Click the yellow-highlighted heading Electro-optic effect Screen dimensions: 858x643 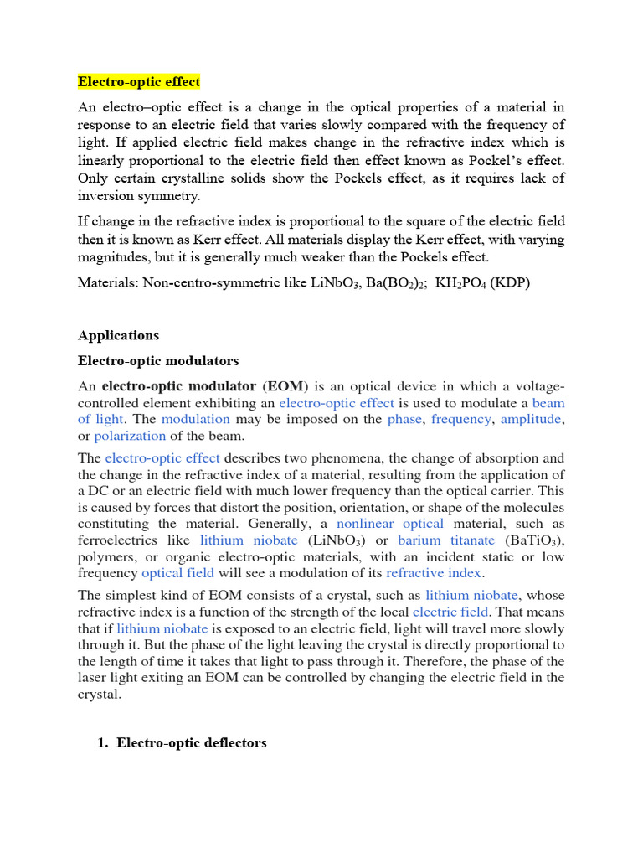(139, 81)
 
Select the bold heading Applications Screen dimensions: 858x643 (118, 335)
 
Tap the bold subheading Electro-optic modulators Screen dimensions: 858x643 (158, 360)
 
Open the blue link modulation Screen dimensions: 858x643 (195, 419)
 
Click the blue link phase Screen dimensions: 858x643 (404, 419)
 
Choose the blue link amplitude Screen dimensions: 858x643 (530, 419)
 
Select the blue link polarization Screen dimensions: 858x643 (130, 436)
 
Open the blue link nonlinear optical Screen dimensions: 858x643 (389, 524)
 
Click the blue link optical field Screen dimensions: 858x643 (177, 573)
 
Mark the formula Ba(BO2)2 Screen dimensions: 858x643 (395, 282)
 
